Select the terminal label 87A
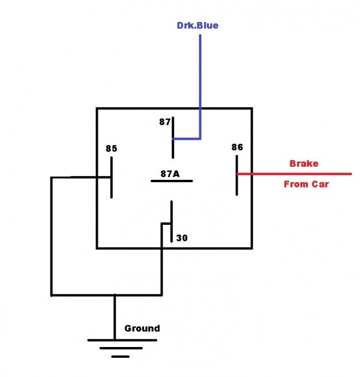pyautogui.click(x=170, y=174)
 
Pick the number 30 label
pyautogui.click(x=182, y=238)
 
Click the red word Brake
pyautogui.click(x=304, y=163)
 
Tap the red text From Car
pyautogui.click(x=306, y=185)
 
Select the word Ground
pyautogui.click(x=142, y=328)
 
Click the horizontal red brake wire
pyautogui.click(x=294, y=174)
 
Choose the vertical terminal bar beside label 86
pyautogui.click(x=237, y=174)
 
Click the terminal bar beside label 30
pyautogui.click(x=172, y=222)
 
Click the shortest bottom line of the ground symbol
pyautogui.click(x=120, y=357)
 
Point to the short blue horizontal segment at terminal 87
pyautogui.click(x=187, y=138)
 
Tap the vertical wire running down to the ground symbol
pyautogui.click(x=115, y=318)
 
